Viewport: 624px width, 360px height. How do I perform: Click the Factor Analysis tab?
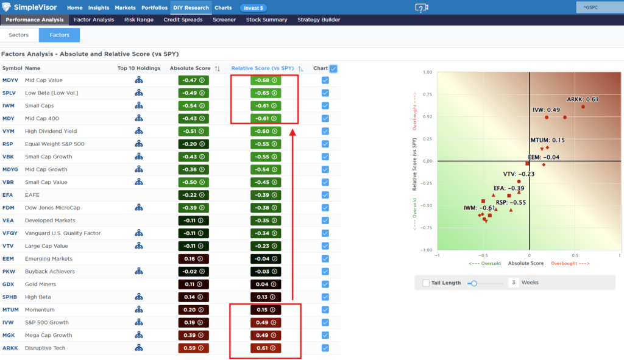94,19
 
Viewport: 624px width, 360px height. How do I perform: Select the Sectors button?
19,35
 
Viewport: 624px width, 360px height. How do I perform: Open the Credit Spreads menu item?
183,19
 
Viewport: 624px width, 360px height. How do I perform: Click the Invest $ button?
253,7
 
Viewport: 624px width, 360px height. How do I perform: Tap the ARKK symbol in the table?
10,348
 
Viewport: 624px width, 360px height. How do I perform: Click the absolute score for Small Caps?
193,106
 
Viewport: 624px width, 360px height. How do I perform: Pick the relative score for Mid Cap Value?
266,80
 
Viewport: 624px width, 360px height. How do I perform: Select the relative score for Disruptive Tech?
266,348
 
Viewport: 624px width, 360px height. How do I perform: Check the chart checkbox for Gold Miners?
325,284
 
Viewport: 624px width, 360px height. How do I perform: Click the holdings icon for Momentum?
138,309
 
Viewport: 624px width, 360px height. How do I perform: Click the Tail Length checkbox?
426,283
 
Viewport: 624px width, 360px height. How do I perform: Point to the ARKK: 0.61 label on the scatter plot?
583,99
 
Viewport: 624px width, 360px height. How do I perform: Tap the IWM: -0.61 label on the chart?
480,208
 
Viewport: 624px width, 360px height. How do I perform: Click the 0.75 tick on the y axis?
427,94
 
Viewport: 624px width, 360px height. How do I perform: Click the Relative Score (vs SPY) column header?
263,68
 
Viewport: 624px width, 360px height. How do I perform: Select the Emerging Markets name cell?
49,258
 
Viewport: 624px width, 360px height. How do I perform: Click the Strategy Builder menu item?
319,19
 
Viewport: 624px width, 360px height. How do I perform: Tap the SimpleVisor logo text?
35,7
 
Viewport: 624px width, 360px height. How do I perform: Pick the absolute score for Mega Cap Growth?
193,336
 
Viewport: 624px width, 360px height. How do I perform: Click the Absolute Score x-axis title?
526,263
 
